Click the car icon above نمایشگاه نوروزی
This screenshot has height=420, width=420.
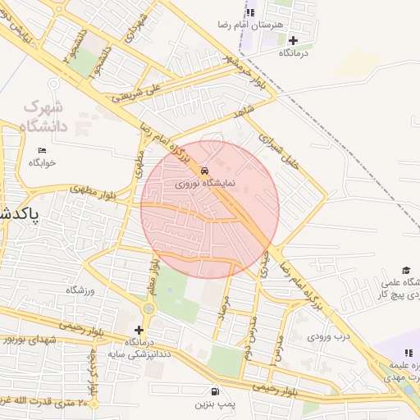coord(203,171)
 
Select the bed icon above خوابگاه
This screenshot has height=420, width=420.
coord(43,150)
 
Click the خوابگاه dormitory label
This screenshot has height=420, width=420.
coord(42,162)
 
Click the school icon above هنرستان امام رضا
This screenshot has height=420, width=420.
coord(251,11)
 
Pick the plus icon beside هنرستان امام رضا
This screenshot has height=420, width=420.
coord(293,40)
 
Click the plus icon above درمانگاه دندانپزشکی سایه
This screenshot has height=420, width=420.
coord(139,330)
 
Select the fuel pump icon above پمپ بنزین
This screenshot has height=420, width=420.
coord(215,391)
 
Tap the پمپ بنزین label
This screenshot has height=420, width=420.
coord(215,404)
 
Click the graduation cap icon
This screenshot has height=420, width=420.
coord(406,270)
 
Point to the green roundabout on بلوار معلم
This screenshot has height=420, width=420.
coord(148,308)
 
